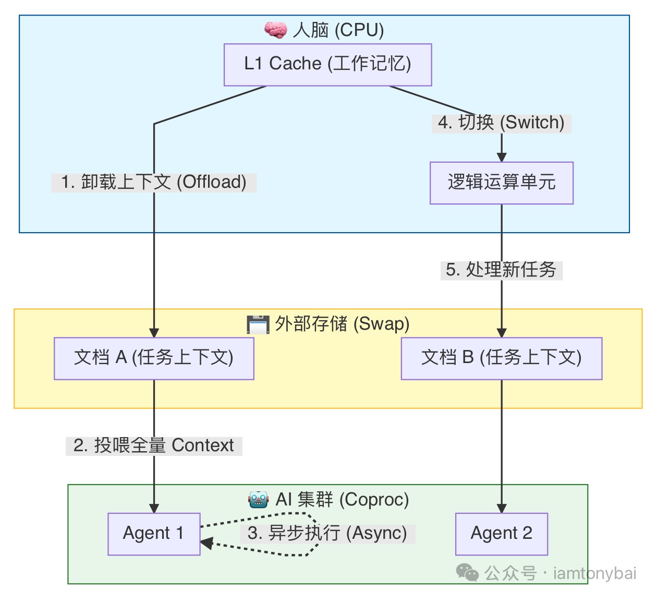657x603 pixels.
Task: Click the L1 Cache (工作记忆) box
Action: pyautogui.click(x=327, y=65)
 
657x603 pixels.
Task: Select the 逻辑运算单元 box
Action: pyautogui.click(x=501, y=183)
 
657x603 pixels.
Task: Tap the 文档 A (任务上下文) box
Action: pyautogui.click(x=154, y=358)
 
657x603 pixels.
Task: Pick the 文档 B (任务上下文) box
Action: pyautogui.click(x=501, y=358)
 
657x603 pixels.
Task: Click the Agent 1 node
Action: pyautogui.click(x=154, y=534)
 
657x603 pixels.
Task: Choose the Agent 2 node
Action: pyautogui.click(x=501, y=534)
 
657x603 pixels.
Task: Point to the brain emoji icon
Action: pyautogui.click(x=275, y=30)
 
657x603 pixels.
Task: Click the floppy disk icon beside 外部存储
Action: pyautogui.click(x=258, y=324)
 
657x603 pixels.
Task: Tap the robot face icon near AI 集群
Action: pyautogui.click(x=258, y=500)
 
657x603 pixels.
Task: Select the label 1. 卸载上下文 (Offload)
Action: pyautogui.click(x=154, y=183)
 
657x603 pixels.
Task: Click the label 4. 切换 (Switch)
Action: pyautogui.click(x=501, y=123)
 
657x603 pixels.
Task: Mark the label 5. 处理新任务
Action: pyautogui.click(x=501, y=270)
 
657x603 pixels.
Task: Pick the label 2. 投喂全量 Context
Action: pyautogui.click(x=154, y=446)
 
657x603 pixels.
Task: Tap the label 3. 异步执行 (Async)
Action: pyautogui.click(x=327, y=534)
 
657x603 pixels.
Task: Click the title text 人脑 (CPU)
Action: pyautogui.click(x=338, y=30)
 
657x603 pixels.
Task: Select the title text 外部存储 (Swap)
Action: pyautogui.click(x=342, y=324)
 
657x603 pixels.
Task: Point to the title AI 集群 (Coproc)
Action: pyautogui.click(x=342, y=500)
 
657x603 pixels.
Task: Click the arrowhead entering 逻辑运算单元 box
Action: pyautogui.click(x=501, y=156)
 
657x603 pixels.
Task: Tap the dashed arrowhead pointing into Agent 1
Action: pyautogui.click(x=206, y=544)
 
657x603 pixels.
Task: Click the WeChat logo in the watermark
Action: pyautogui.click(x=467, y=573)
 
